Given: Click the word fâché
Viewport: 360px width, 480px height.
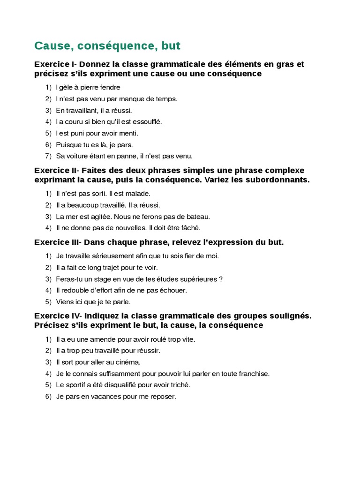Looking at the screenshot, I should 191,228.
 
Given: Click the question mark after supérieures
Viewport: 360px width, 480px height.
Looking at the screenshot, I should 221,279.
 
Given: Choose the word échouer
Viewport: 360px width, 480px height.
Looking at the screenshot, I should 173,290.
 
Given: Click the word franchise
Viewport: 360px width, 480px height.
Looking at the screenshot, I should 255,374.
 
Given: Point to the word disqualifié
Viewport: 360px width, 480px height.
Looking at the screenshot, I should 121,385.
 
